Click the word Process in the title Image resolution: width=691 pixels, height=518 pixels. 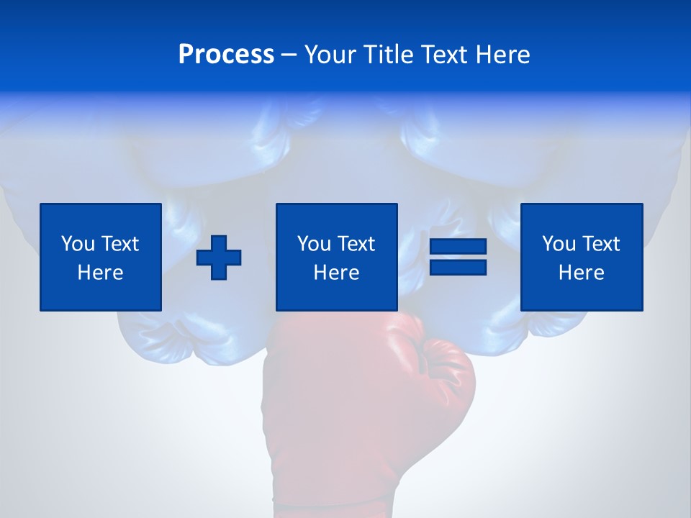point(226,55)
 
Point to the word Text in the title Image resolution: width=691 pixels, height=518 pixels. point(441,55)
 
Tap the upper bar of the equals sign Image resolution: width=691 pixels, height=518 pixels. point(458,247)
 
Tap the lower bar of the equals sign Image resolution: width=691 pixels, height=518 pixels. point(458,267)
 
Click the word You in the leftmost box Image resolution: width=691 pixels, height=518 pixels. point(77,244)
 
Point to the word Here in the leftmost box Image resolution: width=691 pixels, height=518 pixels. point(100,273)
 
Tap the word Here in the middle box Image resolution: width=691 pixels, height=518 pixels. point(336,273)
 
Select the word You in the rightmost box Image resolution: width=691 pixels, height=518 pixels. point(558,244)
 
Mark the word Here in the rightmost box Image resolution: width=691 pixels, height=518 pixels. point(581,273)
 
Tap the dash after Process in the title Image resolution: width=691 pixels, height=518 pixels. point(289,55)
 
